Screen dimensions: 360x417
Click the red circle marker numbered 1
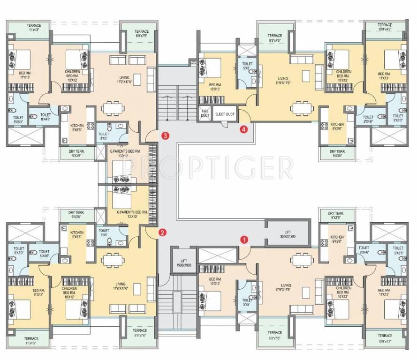[x=243, y=239]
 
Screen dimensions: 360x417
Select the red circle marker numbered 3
[x=165, y=135]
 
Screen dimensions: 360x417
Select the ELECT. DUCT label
[x=224, y=114]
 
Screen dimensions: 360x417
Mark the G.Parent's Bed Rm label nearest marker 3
[x=128, y=153]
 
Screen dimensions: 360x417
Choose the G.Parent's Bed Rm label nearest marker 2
[x=132, y=214]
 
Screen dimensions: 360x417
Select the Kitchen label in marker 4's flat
[x=336, y=126]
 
